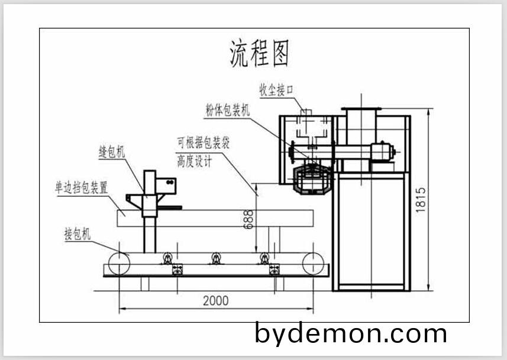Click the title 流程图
(x=259, y=53)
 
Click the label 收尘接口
(x=276, y=90)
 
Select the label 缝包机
(x=112, y=152)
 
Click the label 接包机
(x=77, y=234)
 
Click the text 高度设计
(x=194, y=161)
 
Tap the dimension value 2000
(x=215, y=300)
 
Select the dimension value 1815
(x=420, y=200)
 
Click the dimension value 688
(x=248, y=219)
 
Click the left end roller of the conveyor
(x=119, y=264)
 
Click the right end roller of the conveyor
(x=313, y=264)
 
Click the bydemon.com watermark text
(x=351, y=334)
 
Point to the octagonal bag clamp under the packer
(x=312, y=179)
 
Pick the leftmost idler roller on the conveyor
(x=168, y=258)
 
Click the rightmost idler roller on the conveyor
(x=264, y=258)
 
